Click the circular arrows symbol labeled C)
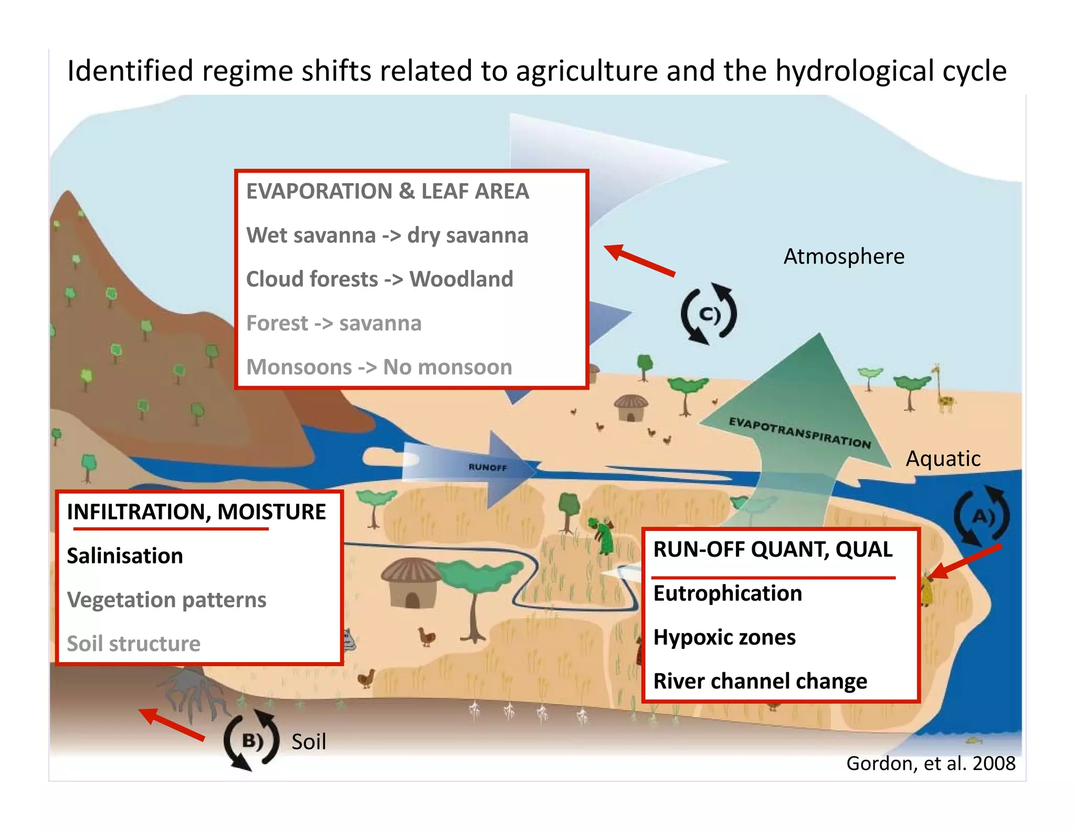[709, 314]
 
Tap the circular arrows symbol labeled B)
[251, 740]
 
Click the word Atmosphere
[844, 257]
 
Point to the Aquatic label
[943, 459]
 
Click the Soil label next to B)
[309, 742]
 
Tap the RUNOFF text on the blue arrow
[488, 467]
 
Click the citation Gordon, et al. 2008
[931, 763]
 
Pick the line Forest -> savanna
[334, 323]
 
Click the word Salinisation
[125, 556]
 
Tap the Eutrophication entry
[728, 593]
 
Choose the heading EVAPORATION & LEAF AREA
[387, 191]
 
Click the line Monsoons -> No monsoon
[379, 367]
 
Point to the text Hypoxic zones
[724, 637]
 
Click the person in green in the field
[604, 535]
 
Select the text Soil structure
[134, 644]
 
